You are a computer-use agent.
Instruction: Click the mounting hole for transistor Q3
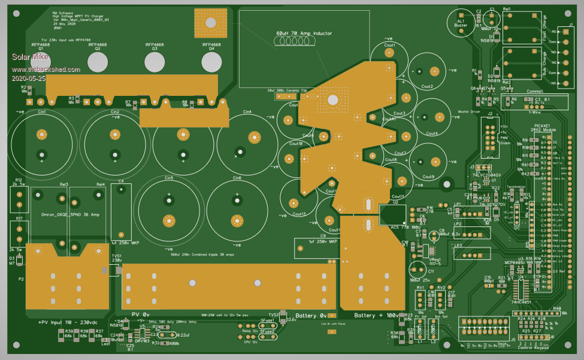[154, 62]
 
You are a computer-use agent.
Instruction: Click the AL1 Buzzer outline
[461, 22]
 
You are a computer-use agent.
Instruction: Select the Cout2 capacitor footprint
[427, 72]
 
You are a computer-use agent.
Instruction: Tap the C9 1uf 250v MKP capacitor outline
[317, 247]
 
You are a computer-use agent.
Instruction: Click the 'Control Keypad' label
[534, 346]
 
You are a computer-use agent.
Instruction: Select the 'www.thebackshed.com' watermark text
[46, 69]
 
